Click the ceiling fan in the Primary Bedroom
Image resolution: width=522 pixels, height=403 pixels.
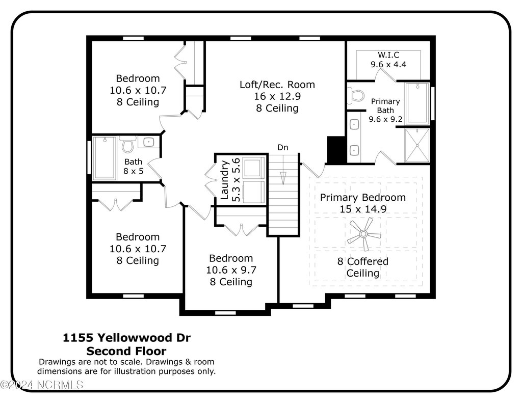click(364, 234)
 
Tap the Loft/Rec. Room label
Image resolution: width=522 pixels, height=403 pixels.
click(277, 85)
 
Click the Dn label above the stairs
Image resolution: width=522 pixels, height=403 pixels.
click(282, 147)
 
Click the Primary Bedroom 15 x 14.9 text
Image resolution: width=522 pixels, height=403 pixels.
click(362, 203)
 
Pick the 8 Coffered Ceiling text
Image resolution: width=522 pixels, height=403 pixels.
click(362, 267)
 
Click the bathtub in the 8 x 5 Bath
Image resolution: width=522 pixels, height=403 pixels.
click(105, 158)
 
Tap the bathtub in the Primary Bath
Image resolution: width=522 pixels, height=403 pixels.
click(417, 103)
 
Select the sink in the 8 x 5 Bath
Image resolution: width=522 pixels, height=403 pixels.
click(149, 142)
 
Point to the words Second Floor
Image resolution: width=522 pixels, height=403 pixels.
click(126, 351)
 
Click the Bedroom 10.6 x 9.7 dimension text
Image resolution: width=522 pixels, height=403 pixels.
click(231, 270)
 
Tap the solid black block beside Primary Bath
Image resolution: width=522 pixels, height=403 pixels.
click(335, 149)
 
